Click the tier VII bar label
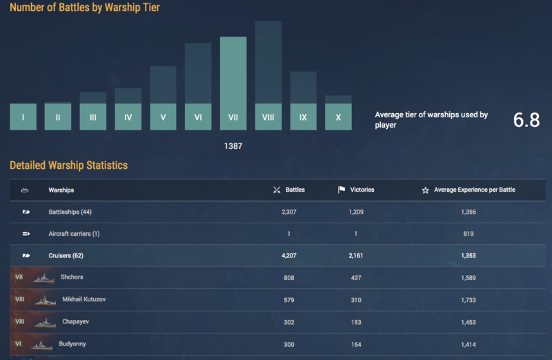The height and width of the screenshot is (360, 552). pyautogui.click(x=233, y=117)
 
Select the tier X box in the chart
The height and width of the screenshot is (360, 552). pyautogui.click(x=338, y=117)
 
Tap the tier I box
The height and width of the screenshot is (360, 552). pyautogui.click(x=23, y=117)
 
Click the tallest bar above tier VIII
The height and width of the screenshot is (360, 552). pyautogui.click(x=268, y=62)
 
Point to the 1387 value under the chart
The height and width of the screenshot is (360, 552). pyautogui.click(x=233, y=146)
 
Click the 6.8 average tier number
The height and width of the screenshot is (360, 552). pyautogui.click(x=526, y=120)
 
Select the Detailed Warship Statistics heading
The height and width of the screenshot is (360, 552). pyautogui.click(x=68, y=166)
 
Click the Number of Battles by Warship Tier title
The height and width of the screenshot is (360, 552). pyautogui.click(x=85, y=8)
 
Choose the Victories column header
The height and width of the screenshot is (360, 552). pyautogui.click(x=362, y=190)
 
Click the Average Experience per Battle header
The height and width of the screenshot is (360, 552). pyautogui.click(x=474, y=190)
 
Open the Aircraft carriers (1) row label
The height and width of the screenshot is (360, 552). pyautogui.click(x=74, y=234)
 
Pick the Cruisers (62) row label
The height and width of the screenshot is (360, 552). pyautogui.click(x=66, y=256)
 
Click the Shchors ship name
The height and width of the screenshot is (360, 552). pyautogui.click(x=72, y=277)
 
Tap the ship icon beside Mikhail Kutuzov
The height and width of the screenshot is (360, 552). pyautogui.click(x=45, y=300)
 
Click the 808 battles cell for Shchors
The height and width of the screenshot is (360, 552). pyautogui.click(x=288, y=277)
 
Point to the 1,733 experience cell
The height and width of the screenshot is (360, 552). pyautogui.click(x=468, y=300)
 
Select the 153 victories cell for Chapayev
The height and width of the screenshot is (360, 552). pyautogui.click(x=357, y=322)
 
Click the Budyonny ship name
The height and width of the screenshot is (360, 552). pyautogui.click(x=72, y=343)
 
